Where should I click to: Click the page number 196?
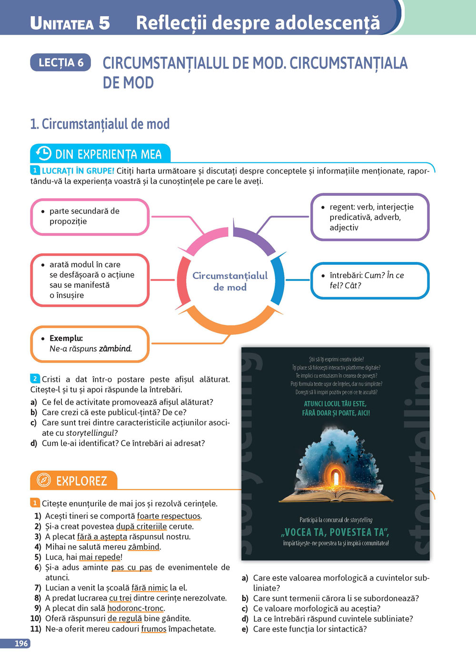21,643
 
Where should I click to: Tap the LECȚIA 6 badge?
60,62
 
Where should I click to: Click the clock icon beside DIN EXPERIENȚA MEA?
43,153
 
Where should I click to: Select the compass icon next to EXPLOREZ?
43,480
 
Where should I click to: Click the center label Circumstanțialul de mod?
230,281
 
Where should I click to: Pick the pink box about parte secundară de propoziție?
90,217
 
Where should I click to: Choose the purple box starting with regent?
370,217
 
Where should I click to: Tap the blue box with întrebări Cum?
370,281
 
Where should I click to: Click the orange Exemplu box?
90,343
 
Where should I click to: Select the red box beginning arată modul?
90,280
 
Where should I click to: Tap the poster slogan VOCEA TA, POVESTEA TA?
336,532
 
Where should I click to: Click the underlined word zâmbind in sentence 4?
144,547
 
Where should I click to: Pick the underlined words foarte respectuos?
169,516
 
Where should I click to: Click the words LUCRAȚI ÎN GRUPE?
78,171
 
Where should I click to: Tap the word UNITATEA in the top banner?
62,23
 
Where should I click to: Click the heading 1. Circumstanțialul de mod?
100,124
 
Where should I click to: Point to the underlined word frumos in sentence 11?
154,629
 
